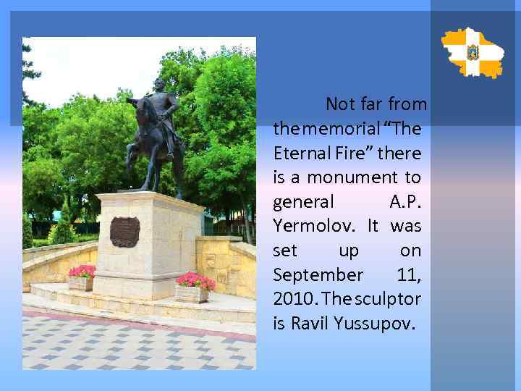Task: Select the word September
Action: coord(318,275)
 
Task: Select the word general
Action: coord(303,202)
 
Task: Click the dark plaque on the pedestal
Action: coord(124,232)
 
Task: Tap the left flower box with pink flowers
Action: coord(81,278)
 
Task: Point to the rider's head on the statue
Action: coord(159,85)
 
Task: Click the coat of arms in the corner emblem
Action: coord(473,52)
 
